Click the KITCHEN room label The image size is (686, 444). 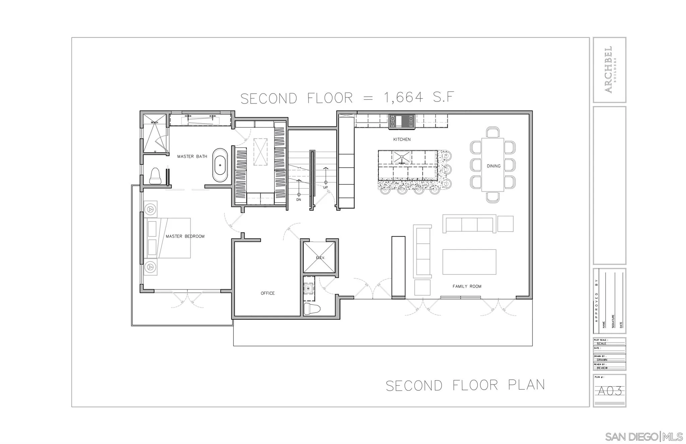tap(402, 139)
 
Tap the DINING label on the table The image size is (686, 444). tap(493, 166)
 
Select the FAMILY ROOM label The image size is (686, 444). tap(467, 286)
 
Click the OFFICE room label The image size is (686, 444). tap(268, 293)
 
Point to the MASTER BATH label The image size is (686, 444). tap(192, 156)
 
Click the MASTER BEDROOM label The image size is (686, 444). tap(185, 236)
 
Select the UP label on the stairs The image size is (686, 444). tap(325, 188)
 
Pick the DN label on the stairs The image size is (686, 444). tap(298, 200)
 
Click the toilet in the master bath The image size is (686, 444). tap(155, 176)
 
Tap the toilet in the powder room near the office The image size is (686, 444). tap(312, 309)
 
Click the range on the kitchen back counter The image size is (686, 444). tap(402, 121)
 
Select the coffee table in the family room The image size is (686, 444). tap(469, 262)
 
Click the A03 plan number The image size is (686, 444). tap(610, 391)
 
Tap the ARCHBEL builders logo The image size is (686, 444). tap(609, 69)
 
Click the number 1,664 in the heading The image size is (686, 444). tap(403, 98)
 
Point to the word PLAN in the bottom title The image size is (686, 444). tap(526, 385)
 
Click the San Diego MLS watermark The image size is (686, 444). tap(643, 437)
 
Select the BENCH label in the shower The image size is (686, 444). tap(154, 123)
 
